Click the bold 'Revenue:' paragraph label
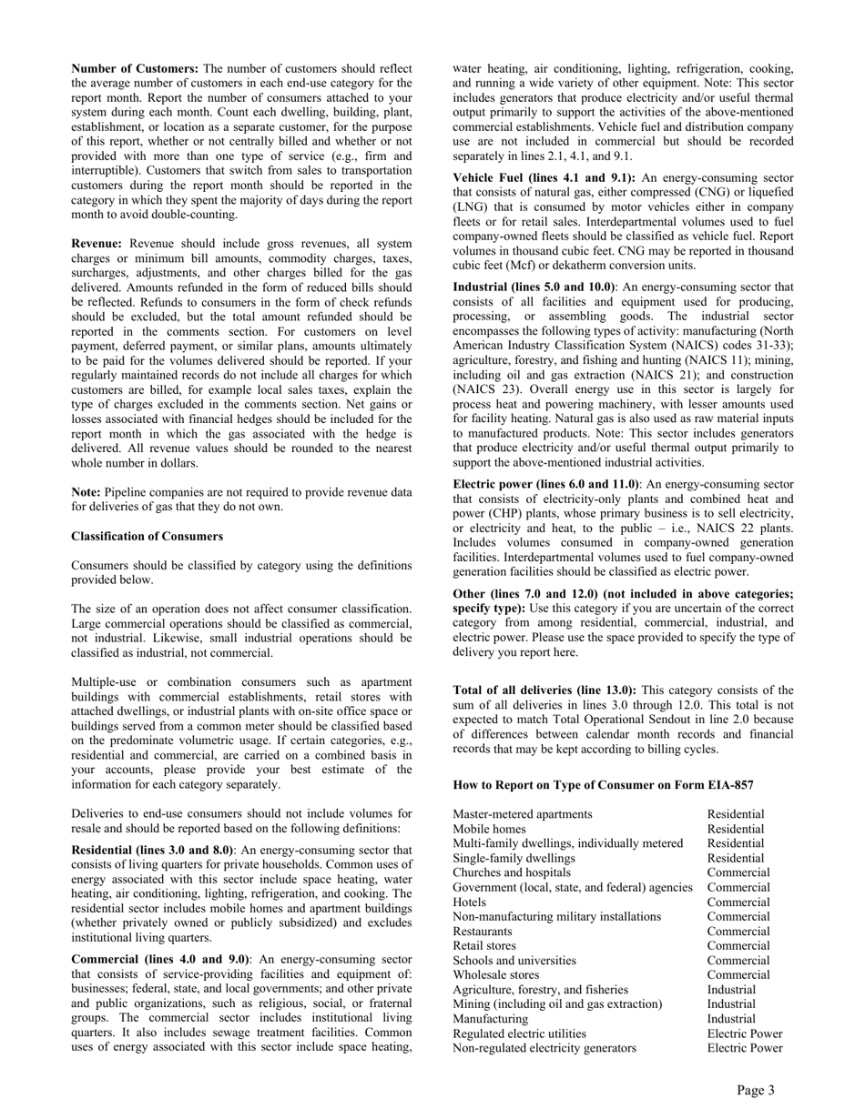tap(99, 244)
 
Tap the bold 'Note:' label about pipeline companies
tap(86, 492)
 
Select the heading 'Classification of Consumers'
tap(147, 536)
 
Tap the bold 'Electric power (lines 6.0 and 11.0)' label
tap(546, 484)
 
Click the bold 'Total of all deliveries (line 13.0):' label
tap(544, 691)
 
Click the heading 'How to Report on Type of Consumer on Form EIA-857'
tap(603, 785)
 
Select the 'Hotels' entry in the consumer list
tap(470, 902)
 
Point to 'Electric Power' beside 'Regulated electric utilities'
tap(745, 1033)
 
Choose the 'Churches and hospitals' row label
tap(512, 872)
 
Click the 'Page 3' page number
tap(756, 1091)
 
